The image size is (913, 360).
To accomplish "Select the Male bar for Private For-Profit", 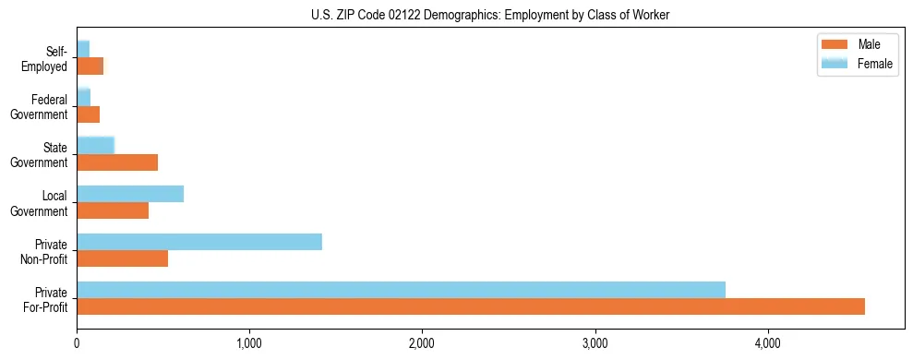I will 471,306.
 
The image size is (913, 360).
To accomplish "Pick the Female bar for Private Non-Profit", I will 199,242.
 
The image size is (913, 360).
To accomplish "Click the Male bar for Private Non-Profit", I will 123,258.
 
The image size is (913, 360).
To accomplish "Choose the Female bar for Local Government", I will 130,194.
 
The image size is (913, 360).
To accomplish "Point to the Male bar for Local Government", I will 113,210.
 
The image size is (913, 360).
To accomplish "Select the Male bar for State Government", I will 117,162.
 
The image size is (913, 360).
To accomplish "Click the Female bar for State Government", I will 95,145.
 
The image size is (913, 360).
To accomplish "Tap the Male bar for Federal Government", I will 89,114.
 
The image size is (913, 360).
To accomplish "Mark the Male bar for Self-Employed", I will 90,66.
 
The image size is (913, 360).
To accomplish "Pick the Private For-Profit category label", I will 45,299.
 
